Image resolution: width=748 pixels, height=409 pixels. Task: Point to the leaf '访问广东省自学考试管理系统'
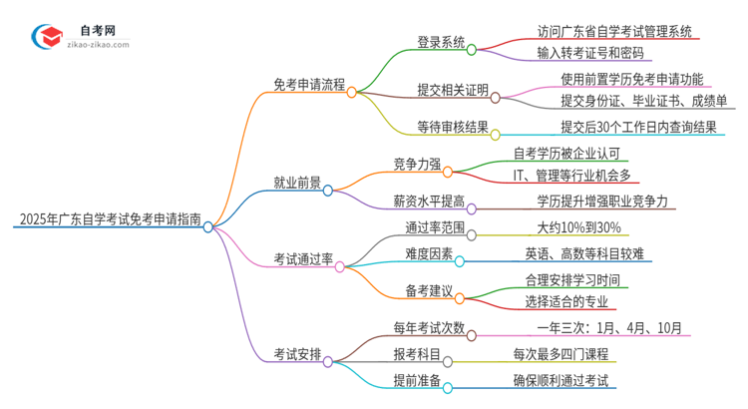tap(613, 31)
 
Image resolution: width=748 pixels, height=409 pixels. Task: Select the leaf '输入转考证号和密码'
tap(589, 53)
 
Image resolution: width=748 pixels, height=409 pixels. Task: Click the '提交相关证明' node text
tap(453, 90)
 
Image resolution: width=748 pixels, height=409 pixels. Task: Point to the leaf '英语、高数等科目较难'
tap(586, 253)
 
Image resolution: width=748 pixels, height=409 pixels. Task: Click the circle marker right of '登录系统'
tap(472, 47)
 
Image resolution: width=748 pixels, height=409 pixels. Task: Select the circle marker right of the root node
tap(207, 226)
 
